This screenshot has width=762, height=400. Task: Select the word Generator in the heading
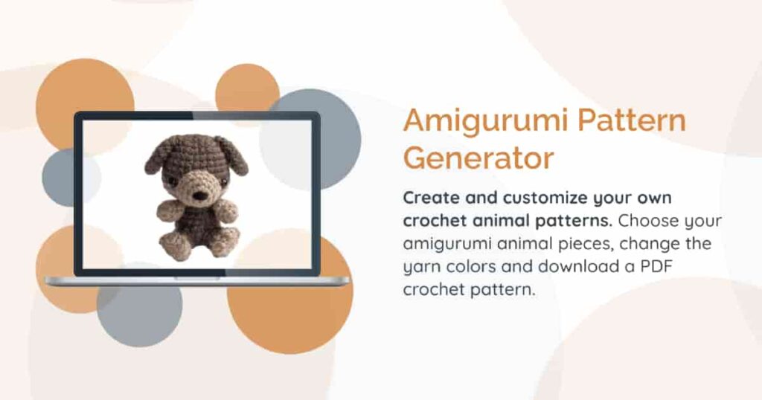point(478,158)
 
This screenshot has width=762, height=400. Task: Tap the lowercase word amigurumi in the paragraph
point(451,244)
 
